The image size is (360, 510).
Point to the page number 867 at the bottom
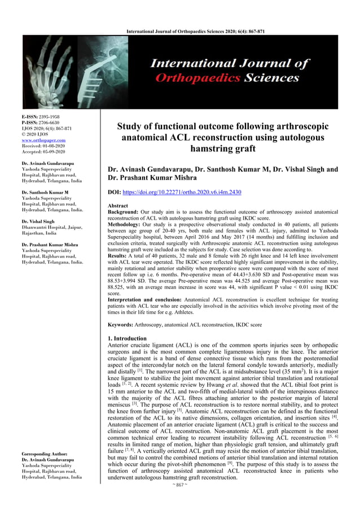tap(180, 500)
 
